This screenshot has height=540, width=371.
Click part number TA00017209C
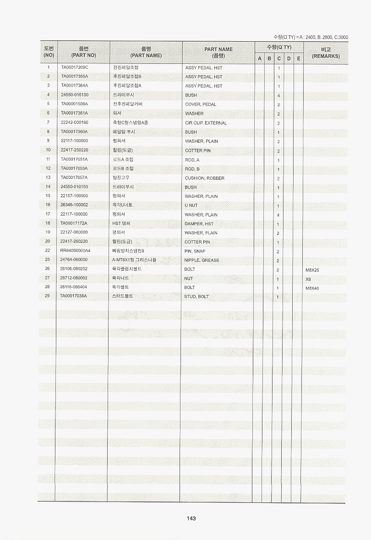74,67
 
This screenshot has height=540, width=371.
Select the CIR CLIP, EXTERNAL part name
206,123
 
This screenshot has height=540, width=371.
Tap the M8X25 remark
312,270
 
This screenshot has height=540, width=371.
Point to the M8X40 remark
312,288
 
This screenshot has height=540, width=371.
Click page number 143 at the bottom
191,518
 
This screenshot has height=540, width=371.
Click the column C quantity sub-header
278,59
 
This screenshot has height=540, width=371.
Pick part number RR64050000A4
75,251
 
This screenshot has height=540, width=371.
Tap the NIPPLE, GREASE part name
202,260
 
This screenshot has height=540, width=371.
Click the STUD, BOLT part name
196,297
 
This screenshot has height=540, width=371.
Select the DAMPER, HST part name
199,224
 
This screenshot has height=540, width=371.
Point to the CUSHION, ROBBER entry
204,178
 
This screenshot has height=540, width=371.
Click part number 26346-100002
74,205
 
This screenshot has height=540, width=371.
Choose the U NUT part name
191,206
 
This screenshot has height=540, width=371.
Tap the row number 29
48,296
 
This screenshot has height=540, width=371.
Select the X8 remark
308,279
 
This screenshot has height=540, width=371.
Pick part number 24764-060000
74,260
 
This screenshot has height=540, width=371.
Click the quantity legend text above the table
311,37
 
